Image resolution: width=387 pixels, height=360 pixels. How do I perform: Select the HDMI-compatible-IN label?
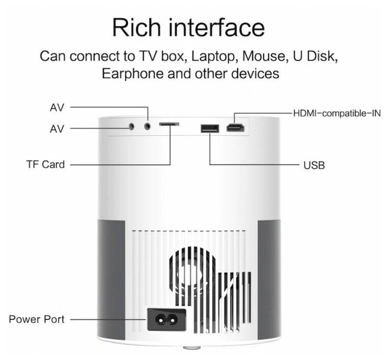coord(337,112)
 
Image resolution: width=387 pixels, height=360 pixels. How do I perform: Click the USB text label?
coord(314,165)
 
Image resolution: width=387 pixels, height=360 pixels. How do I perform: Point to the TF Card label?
coord(46,165)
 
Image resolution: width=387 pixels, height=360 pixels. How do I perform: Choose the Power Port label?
coord(37,319)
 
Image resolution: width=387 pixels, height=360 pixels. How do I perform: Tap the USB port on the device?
coord(209,128)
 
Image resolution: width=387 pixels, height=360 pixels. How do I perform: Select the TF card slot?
coord(169,124)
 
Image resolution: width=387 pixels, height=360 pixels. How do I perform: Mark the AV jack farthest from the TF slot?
coord(132,126)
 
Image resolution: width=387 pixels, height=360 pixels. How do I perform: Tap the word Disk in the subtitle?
coord(322,55)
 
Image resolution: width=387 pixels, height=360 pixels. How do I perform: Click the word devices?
coord(256,73)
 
